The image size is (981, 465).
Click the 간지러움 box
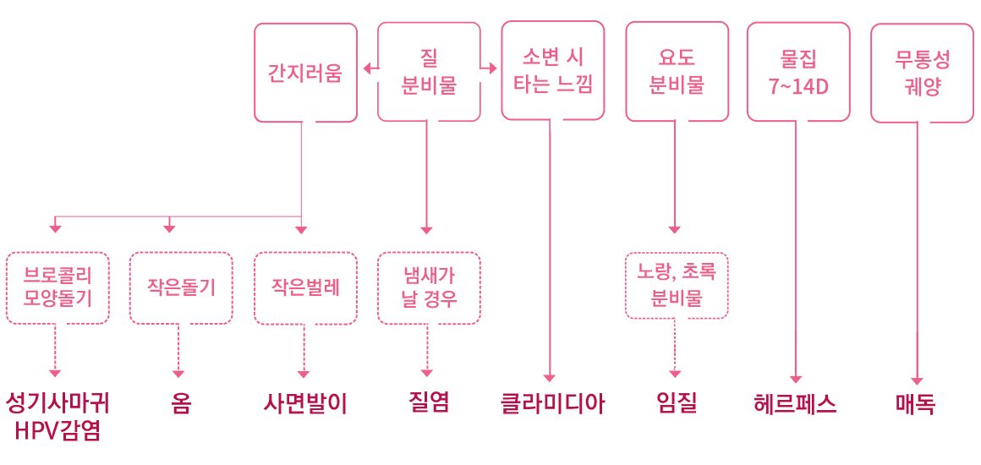(x=305, y=72)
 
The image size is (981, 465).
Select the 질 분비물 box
(x=427, y=72)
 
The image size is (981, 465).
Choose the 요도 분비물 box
(x=675, y=72)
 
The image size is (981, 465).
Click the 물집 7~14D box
(x=798, y=72)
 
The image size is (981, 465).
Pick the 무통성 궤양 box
(x=922, y=72)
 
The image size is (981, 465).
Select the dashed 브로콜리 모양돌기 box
(x=57, y=287)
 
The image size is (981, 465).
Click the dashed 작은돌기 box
(x=180, y=287)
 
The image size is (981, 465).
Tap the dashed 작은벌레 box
(x=304, y=287)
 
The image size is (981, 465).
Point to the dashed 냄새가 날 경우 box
(x=428, y=287)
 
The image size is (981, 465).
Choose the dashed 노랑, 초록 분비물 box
(x=676, y=285)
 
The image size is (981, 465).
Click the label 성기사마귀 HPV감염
(x=57, y=416)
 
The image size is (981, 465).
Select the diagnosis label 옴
(x=180, y=404)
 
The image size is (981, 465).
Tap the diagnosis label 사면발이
(x=304, y=404)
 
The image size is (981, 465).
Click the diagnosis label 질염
(x=428, y=404)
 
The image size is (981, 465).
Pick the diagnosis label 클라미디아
(x=552, y=404)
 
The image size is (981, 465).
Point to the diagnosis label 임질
(x=676, y=404)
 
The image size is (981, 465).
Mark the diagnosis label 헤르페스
(x=795, y=404)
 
